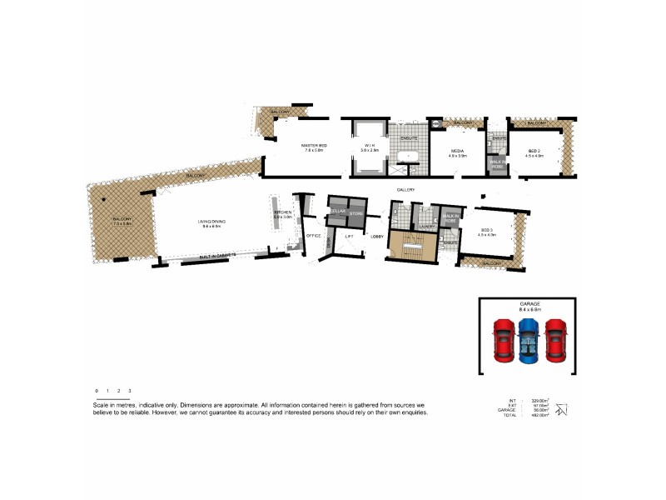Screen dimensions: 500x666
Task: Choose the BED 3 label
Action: click(x=488, y=231)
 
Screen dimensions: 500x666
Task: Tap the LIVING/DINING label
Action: click(x=211, y=222)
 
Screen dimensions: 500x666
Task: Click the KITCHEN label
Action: click(x=283, y=213)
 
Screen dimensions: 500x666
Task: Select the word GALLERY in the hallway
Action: click(x=405, y=190)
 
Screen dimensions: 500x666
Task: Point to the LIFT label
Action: click(x=349, y=237)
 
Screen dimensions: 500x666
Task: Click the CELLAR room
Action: click(x=338, y=212)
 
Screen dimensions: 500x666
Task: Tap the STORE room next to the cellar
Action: click(x=356, y=213)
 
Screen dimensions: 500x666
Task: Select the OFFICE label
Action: click(x=314, y=237)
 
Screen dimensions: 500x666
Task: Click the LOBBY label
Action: click(x=376, y=237)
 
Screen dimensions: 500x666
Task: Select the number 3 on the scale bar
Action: click(x=130, y=390)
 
